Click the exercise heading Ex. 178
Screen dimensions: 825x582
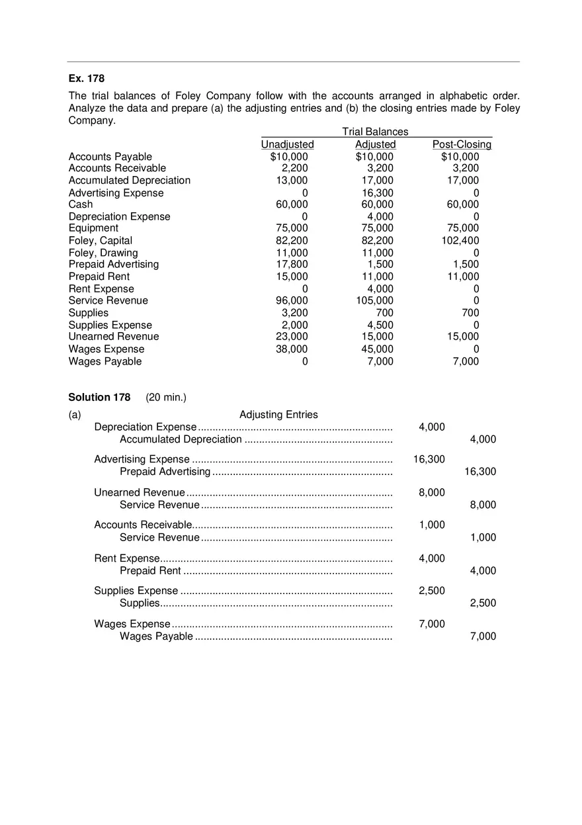[x=87, y=79]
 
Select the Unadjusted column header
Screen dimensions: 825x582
[x=287, y=144]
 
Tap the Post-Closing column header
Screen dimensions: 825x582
[x=462, y=144]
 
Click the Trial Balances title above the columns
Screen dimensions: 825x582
[x=375, y=132]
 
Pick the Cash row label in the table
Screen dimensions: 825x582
[x=81, y=204]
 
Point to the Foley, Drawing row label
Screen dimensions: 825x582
[x=103, y=253]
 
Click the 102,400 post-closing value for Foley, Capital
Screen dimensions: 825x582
[x=460, y=241]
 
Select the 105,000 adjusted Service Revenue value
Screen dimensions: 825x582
[x=375, y=301]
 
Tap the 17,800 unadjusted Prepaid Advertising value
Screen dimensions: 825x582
[x=292, y=265]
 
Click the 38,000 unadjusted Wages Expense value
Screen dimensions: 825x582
[x=292, y=349]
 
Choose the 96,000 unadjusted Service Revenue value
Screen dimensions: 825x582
[x=292, y=301]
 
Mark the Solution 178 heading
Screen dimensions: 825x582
[x=99, y=398]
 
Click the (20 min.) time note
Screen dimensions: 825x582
[x=166, y=398]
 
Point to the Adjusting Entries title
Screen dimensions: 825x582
[x=278, y=415]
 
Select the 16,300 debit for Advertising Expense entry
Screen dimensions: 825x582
[x=429, y=459]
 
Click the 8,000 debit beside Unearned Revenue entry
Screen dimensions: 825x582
[x=432, y=492]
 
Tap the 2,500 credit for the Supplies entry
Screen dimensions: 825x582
[x=483, y=603]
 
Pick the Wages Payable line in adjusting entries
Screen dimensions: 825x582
[x=156, y=636]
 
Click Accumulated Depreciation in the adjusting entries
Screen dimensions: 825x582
[x=181, y=439]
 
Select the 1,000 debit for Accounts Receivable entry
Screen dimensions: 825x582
[x=432, y=525]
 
